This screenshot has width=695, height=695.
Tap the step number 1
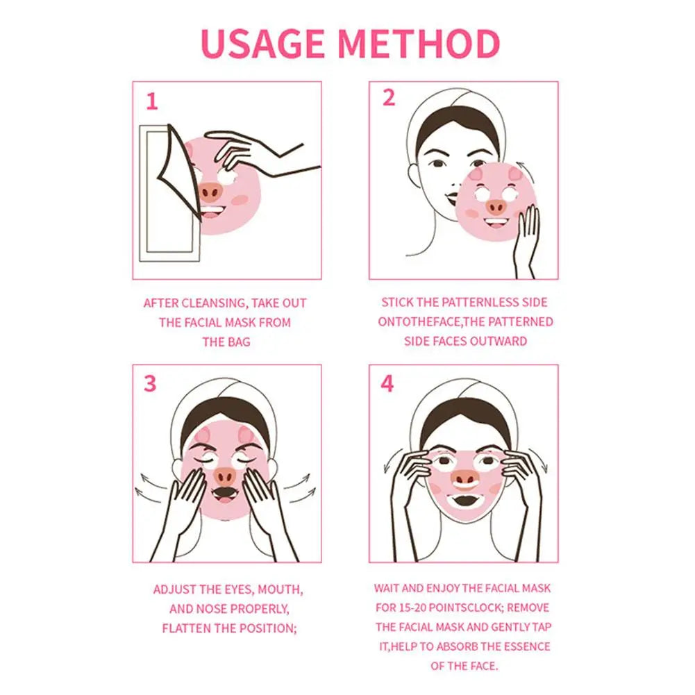click(x=151, y=102)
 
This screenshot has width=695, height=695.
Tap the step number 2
click(x=388, y=98)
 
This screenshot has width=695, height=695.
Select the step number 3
click(x=150, y=383)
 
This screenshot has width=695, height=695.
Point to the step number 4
click(x=387, y=383)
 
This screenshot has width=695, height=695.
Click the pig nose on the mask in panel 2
click(x=496, y=206)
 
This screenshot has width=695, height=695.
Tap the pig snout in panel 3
click(x=224, y=476)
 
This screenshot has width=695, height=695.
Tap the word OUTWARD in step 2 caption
click(x=503, y=341)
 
